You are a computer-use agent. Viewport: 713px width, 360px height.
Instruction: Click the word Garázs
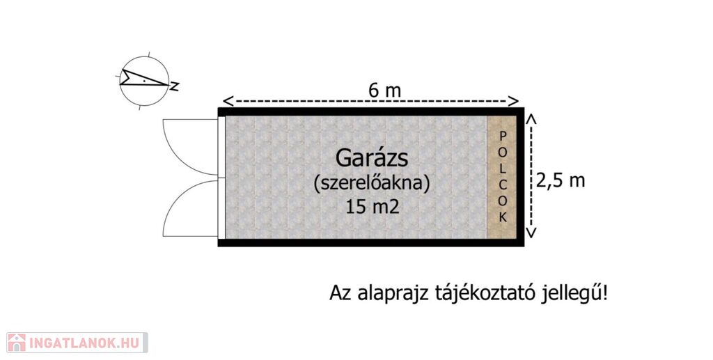pos(371,159)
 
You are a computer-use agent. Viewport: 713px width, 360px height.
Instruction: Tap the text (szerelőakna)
pos(372,183)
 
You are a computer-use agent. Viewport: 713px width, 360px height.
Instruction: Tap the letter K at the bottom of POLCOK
pos(503,217)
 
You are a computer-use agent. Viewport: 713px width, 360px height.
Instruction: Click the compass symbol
pos(143,79)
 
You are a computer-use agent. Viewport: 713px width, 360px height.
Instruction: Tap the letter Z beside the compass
pos(175,87)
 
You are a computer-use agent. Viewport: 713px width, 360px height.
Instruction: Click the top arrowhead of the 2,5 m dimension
pos(531,120)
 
